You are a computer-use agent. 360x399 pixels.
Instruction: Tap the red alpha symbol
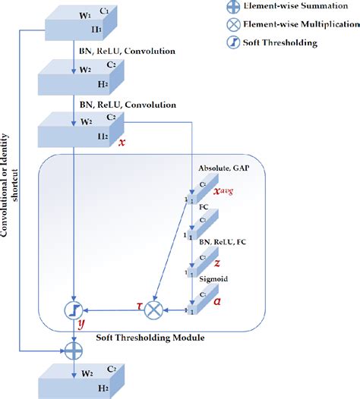217,301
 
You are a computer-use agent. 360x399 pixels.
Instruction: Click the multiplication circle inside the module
155,309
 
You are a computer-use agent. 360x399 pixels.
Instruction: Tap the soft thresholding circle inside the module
72,309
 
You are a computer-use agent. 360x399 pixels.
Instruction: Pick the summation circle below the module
72,350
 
